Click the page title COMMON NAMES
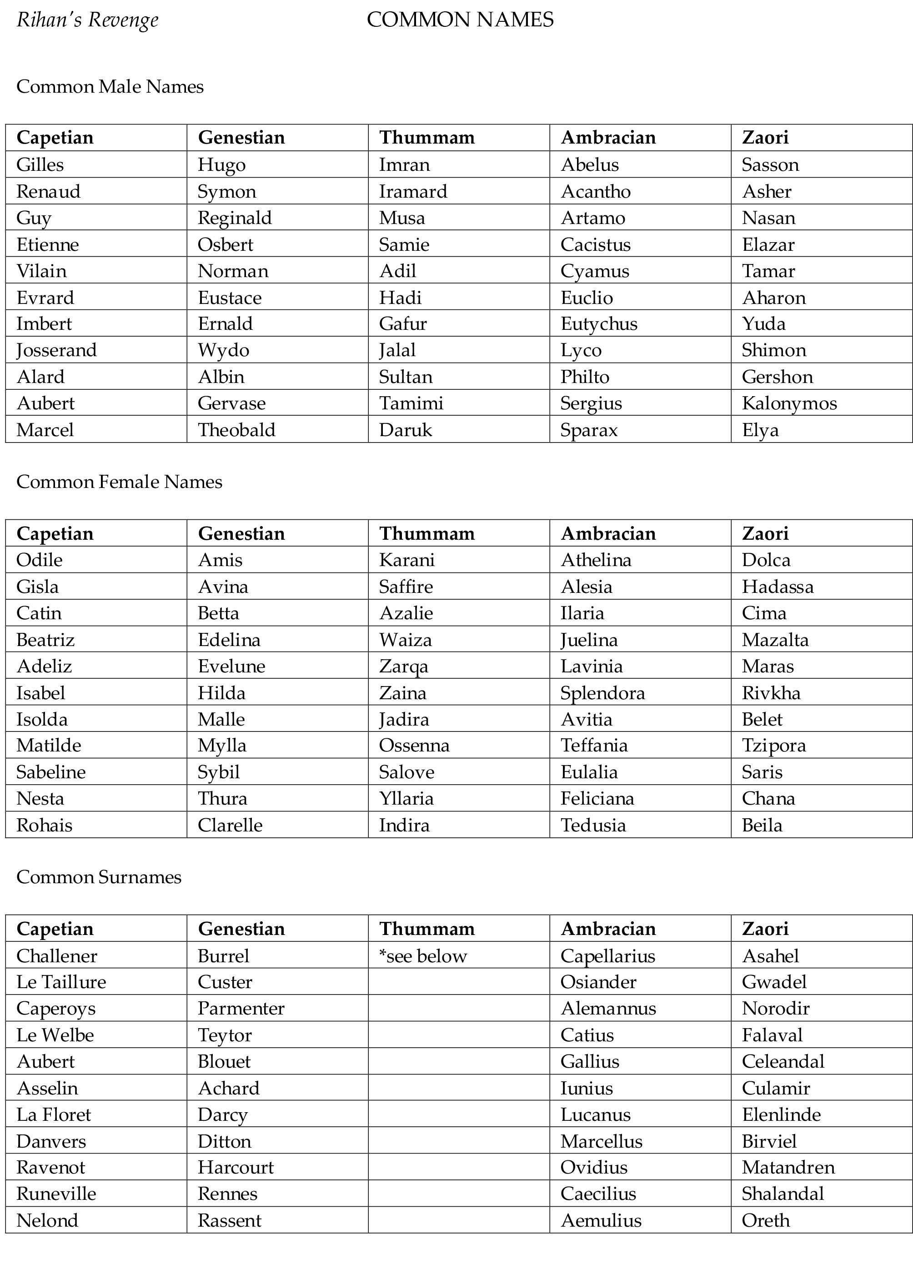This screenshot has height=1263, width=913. point(460,20)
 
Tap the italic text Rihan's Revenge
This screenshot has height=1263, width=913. point(87,20)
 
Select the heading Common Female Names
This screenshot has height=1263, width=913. point(119,482)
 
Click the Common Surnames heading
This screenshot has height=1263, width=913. point(99,877)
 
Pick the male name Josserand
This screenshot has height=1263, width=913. point(56,350)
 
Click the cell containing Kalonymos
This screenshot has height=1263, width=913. point(789,403)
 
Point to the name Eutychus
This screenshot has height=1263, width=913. point(599,323)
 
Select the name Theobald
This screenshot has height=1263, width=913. point(236,430)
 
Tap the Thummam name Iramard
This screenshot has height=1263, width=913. point(413,192)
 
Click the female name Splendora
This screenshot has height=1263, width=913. point(602,693)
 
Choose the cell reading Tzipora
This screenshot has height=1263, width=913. point(774,745)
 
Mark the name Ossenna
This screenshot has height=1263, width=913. point(414,745)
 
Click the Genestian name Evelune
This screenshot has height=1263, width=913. point(231,666)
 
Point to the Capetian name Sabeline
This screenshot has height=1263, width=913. point(51,772)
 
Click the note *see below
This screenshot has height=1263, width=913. point(423,956)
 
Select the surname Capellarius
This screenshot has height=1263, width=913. point(607,956)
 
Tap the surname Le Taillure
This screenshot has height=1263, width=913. point(61,982)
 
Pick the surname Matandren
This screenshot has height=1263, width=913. point(788,1167)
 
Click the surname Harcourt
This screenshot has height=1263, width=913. point(236,1167)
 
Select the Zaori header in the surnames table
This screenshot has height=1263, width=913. point(765,929)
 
